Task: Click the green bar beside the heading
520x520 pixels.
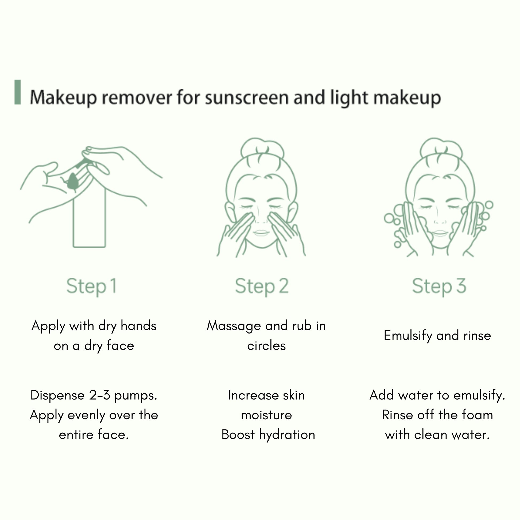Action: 17,92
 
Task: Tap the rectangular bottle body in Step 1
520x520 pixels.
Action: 89,218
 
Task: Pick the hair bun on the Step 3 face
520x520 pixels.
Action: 441,149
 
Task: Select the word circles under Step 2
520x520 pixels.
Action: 266,346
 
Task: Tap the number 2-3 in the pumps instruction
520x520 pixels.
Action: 99,395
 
